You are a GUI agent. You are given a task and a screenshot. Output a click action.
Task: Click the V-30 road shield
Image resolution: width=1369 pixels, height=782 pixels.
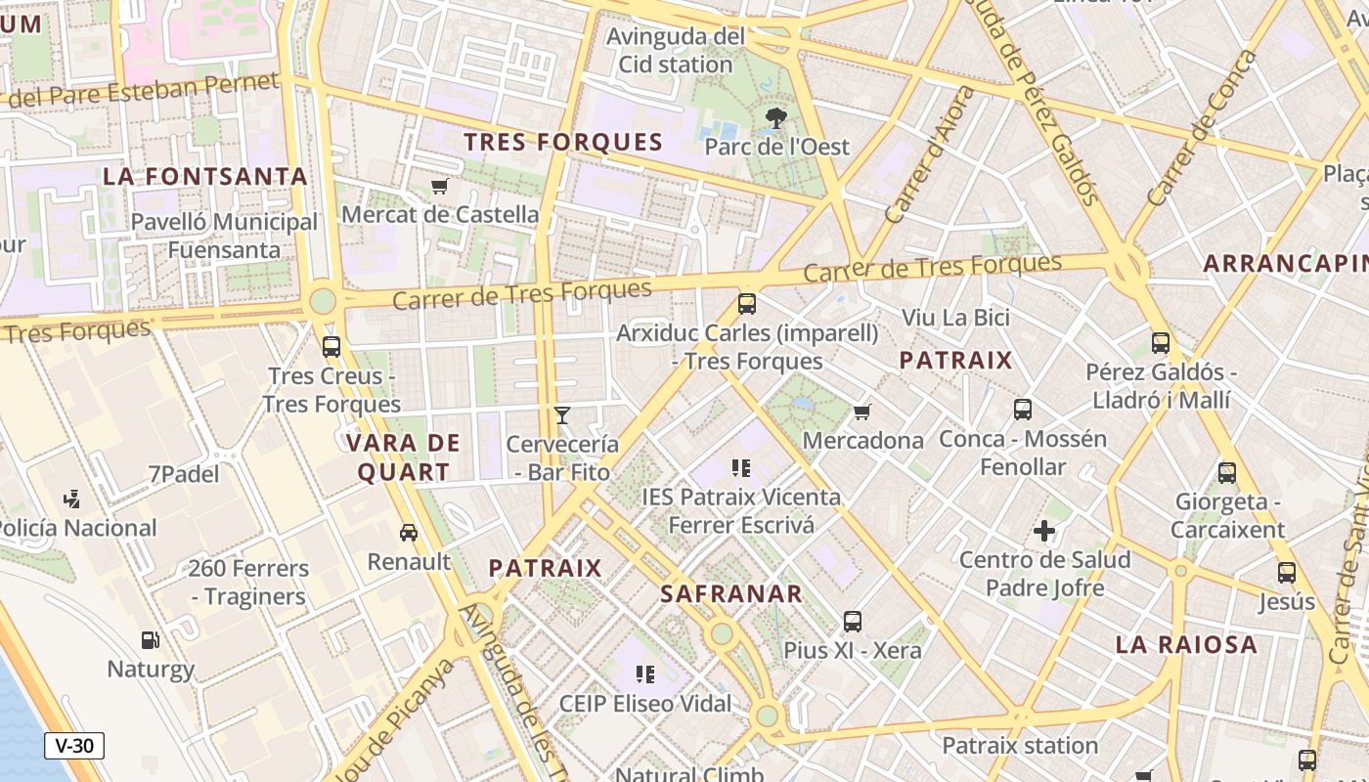coord(74,746)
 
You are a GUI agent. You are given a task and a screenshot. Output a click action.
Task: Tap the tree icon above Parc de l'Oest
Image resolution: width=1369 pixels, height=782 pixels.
coord(777,119)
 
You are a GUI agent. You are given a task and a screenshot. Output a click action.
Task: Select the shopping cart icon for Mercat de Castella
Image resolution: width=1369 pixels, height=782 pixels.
coord(440,186)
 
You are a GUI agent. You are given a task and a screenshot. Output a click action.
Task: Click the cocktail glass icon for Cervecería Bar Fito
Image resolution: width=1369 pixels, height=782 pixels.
coord(562,415)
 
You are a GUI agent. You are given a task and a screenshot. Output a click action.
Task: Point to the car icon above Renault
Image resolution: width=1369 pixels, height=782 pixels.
coord(409,533)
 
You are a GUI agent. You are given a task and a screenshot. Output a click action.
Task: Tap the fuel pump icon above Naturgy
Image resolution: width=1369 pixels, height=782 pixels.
coord(151,640)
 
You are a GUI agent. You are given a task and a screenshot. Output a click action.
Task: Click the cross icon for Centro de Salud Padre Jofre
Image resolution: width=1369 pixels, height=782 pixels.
coord(1044,532)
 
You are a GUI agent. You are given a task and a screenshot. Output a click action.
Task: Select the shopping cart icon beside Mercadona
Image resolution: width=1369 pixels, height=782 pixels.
coord(861,412)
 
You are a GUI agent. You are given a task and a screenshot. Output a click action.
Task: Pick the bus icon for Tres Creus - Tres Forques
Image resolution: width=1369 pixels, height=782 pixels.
coord(331,346)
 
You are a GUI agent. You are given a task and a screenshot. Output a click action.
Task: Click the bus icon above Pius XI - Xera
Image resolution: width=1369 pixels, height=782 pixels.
coord(853,621)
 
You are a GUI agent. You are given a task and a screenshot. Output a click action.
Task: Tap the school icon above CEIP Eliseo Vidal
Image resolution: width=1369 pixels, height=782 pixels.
coord(644,673)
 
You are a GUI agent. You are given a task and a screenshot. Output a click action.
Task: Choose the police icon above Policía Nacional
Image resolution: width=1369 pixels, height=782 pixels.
coord(71,500)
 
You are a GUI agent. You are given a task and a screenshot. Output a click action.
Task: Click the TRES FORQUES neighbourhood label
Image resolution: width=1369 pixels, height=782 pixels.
coord(563,143)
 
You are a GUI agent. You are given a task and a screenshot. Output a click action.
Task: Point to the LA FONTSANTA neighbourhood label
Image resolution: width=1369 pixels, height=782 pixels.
coord(205,177)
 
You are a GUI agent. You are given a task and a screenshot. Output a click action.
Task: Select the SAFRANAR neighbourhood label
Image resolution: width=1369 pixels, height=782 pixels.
coord(731,593)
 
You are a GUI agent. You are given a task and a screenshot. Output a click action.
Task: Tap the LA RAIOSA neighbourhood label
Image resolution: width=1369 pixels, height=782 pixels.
coord(1186,644)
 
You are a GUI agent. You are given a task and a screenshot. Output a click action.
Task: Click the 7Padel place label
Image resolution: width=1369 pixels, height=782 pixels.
coord(184,474)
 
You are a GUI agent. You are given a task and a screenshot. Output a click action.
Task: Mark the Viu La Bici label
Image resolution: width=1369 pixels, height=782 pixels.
coord(955,318)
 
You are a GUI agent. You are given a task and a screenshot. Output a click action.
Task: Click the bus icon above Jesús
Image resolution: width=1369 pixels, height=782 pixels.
coord(1287,573)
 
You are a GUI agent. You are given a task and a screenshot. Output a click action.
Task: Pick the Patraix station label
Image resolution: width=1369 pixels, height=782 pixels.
coord(1020,746)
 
